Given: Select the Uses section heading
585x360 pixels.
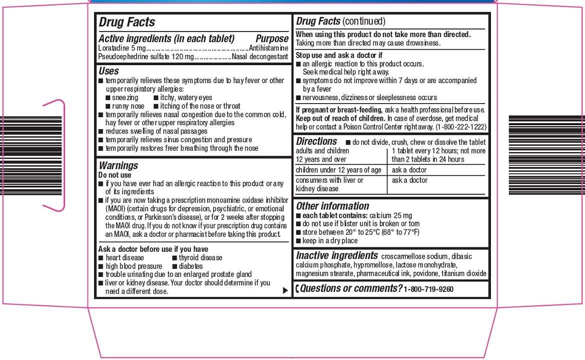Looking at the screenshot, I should [x=109, y=71].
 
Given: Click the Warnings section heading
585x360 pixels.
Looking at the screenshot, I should [x=118, y=165].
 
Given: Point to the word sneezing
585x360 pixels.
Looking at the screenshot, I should [x=125, y=98].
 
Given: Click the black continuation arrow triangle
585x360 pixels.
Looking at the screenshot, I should [x=285, y=290].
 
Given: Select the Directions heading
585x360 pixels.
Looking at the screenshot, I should [x=316, y=142].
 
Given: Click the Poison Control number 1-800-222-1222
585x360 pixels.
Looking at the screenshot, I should [x=461, y=127].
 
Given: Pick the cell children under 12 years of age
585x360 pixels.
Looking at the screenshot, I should [x=338, y=170].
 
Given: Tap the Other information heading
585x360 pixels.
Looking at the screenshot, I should [x=332, y=206].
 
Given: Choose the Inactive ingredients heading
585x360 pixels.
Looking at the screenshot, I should [x=337, y=255].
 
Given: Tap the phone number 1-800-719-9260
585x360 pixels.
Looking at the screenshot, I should [x=429, y=289].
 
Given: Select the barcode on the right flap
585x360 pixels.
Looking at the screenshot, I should [x=546, y=155].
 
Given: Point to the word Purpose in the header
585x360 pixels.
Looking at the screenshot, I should [x=272, y=39].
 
